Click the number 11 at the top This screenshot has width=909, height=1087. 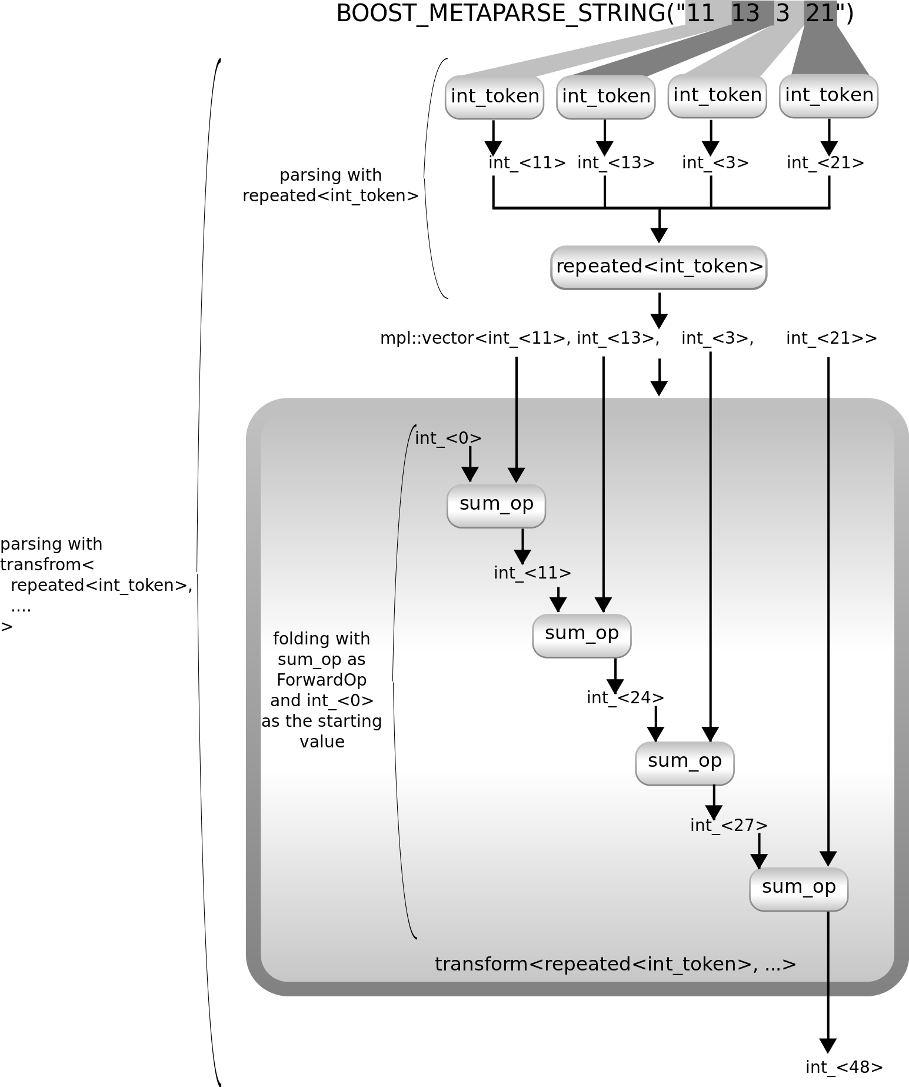pos(700,12)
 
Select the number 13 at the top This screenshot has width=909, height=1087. pos(745,12)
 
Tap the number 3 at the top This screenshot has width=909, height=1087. pos(782,12)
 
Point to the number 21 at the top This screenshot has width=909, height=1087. pos(820,12)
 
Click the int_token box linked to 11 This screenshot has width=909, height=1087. pos(494,97)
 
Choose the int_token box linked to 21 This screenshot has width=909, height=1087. pos(828,95)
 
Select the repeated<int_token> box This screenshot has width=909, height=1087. pos(659,267)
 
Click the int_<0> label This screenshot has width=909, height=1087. pos(448,438)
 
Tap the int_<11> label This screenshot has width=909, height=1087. pos(532,573)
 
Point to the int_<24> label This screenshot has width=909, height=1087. pos(625,697)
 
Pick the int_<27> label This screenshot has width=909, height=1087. pos(728,825)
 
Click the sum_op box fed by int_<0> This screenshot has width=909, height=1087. pos(496,505)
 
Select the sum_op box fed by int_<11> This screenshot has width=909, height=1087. pos(581,635)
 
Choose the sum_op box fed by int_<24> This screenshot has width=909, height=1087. pos(684,763)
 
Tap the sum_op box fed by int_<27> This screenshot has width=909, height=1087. pos(798,889)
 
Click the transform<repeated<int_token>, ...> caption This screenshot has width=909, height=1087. pos(615,965)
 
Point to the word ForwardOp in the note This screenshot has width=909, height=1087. pos(321,680)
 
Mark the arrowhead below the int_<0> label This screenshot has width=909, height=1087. pos(470,474)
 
